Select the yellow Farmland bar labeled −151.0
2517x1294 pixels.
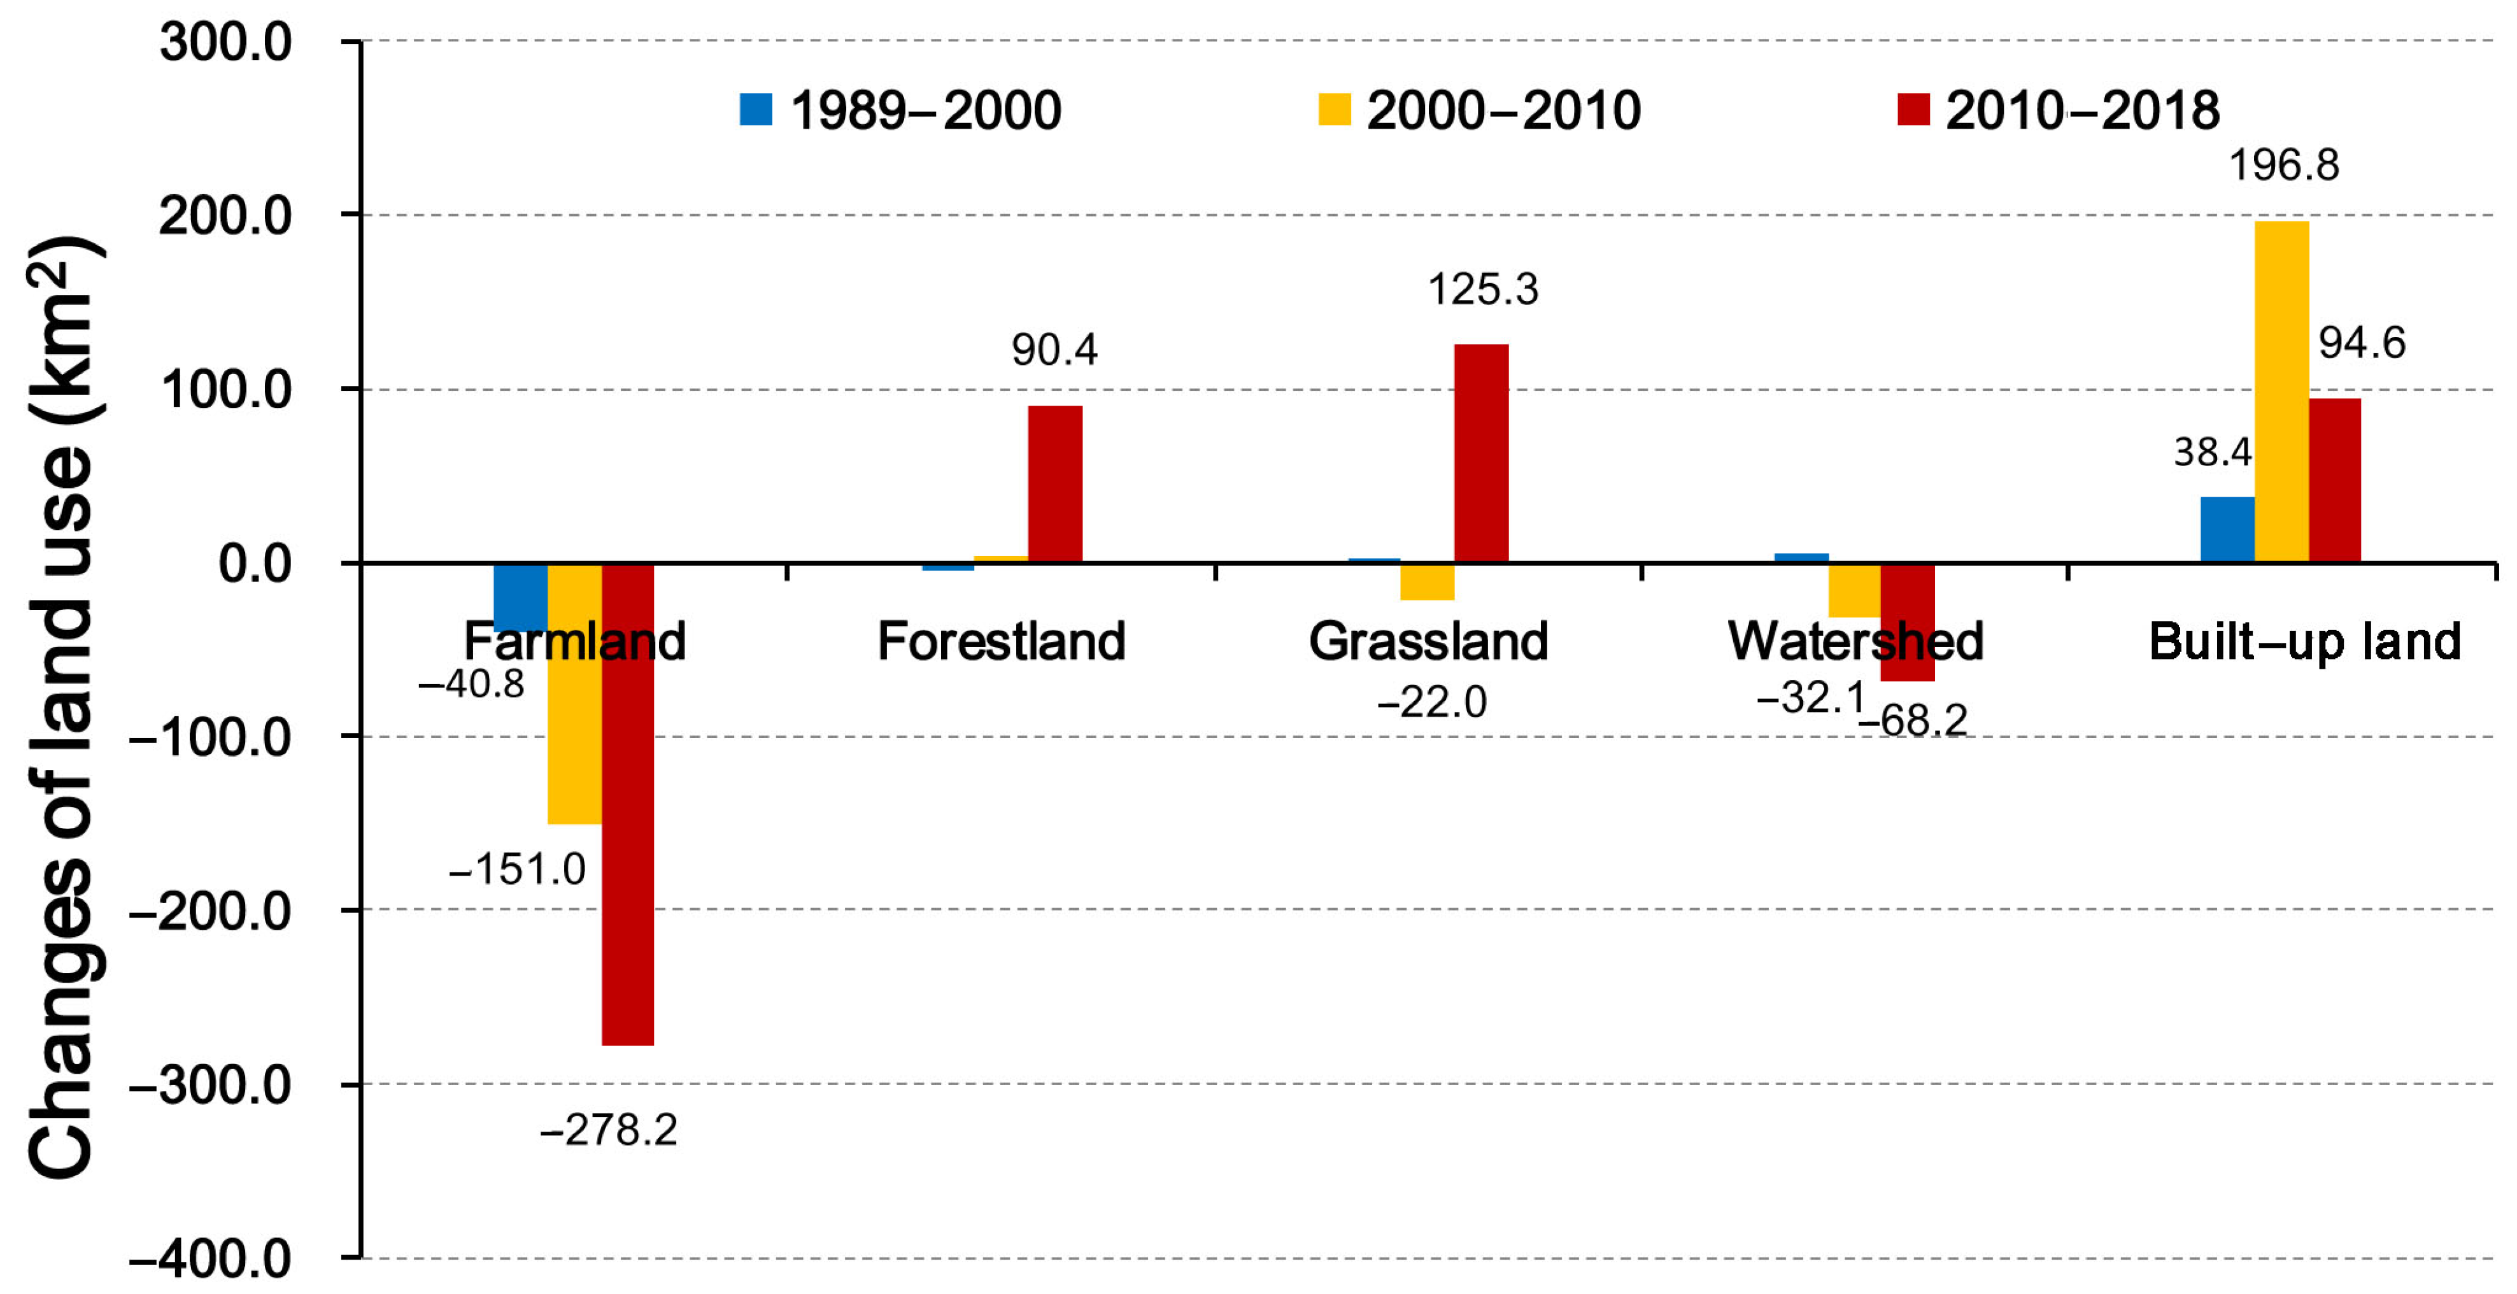click(574, 694)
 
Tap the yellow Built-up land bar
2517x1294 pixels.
click(2281, 391)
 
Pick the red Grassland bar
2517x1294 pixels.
click(1480, 453)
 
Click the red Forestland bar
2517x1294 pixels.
click(1054, 484)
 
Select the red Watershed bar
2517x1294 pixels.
click(1906, 622)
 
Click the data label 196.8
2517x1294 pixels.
click(2283, 164)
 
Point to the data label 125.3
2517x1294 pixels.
click(1482, 289)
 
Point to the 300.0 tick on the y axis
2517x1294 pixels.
click(225, 43)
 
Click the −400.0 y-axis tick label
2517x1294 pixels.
click(210, 1259)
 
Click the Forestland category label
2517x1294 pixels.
click(1002, 641)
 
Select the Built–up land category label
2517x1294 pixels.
click(2304, 641)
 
